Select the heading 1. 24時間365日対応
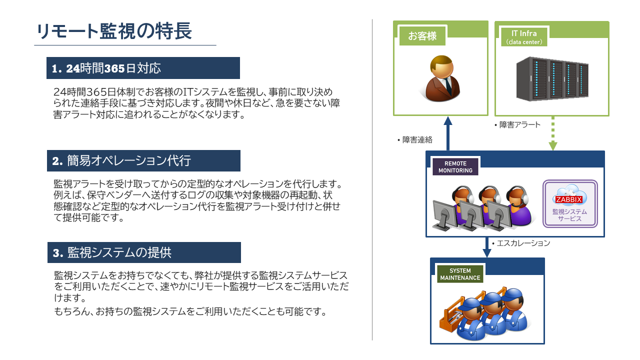point(106,68)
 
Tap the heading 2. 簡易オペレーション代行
point(121,160)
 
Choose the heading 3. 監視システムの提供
point(112,252)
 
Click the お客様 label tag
point(422,36)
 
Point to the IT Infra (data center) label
point(524,37)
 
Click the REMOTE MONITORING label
point(455,167)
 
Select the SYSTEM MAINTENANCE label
point(460,274)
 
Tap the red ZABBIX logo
point(569,199)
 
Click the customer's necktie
point(447,85)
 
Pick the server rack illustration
point(552,78)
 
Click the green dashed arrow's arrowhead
point(553,145)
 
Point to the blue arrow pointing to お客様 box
point(447,133)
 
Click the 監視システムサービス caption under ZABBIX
point(569,215)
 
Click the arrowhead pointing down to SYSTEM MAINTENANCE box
point(487,253)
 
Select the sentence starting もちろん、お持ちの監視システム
point(190,311)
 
